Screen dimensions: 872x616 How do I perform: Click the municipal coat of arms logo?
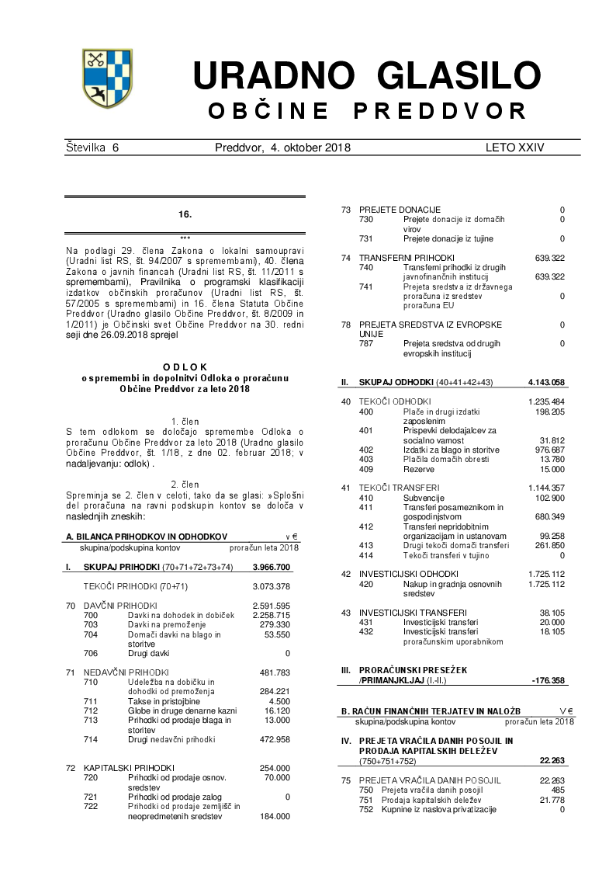tap(109, 78)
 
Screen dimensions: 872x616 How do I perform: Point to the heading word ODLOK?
tap(185, 367)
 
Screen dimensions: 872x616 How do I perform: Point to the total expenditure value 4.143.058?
tap(546, 382)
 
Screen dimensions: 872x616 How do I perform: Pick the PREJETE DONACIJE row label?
tap(400, 210)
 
